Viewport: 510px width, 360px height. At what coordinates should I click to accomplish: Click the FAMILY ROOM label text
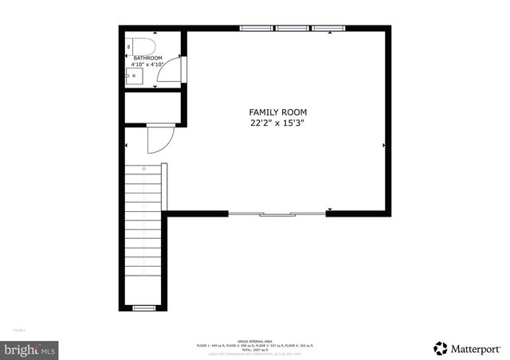click(x=277, y=112)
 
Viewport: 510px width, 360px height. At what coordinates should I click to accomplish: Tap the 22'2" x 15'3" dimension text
click(x=277, y=123)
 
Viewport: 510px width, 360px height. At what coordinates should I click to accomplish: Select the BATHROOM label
click(x=147, y=58)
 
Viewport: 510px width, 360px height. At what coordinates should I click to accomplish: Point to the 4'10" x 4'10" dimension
click(x=147, y=65)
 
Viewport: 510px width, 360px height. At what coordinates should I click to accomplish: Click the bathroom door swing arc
click(x=169, y=72)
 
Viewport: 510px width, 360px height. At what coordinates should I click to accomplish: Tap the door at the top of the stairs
click(x=159, y=141)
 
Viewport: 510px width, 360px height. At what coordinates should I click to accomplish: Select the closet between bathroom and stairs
click(x=153, y=109)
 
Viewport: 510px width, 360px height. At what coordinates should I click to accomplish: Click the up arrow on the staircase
click(x=143, y=169)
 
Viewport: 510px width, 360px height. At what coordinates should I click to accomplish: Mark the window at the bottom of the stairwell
click(x=143, y=307)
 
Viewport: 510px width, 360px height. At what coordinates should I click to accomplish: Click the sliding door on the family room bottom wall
click(x=277, y=213)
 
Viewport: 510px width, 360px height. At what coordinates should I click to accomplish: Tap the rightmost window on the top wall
click(x=328, y=29)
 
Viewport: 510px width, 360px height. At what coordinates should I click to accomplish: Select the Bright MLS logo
click(x=29, y=349)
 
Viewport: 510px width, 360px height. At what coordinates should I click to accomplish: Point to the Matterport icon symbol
click(x=441, y=348)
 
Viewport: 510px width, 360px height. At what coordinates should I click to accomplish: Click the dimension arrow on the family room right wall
click(x=383, y=145)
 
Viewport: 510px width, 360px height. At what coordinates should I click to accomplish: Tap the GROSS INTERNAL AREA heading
click(x=255, y=339)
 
